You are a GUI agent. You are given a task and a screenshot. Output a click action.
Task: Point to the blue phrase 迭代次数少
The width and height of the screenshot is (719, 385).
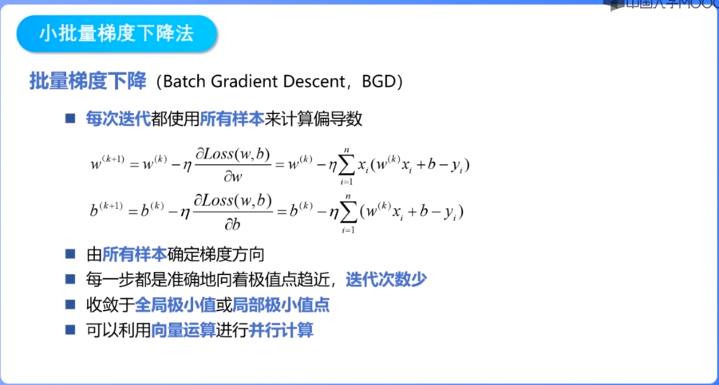click(387, 280)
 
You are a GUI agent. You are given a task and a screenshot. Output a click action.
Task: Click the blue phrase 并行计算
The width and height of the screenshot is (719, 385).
click(281, 329)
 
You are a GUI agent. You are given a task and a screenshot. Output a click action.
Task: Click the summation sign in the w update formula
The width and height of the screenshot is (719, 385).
click(346, 165)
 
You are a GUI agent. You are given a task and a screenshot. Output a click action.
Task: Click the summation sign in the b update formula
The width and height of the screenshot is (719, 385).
click(347, 212)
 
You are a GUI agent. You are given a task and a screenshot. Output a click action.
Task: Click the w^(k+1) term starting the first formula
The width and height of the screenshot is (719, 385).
click(106, 164)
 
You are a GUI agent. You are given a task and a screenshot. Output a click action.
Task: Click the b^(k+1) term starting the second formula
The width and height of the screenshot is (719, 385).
click(105, 211)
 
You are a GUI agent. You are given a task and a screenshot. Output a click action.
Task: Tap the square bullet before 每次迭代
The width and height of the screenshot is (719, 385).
click(70, 119)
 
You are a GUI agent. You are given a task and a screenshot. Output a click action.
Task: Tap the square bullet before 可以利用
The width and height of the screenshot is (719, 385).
click(70, 329)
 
